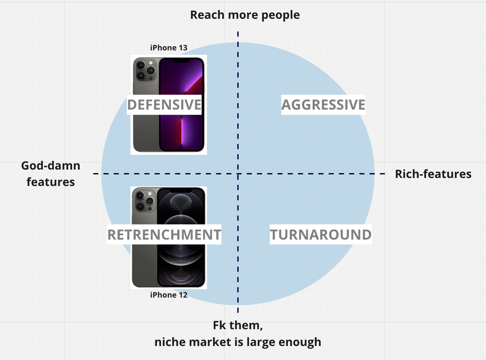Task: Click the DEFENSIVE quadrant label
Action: click(x=164, y=105)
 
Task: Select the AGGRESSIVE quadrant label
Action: click(x=323, y=105)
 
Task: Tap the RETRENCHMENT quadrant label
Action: click(x=164, y=235)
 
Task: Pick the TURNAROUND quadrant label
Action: click(x=321, y=235)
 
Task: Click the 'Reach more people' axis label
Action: click(x=245, y=15)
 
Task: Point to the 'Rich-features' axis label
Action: click(x=433, y=174)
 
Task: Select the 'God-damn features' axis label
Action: click(x=51, y=174)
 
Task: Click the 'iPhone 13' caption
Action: click(x=169, y=48)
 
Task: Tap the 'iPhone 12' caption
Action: click(x=169, y=295)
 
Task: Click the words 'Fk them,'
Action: click(x=238, y=326)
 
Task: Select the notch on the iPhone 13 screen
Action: click(x=182, y=60)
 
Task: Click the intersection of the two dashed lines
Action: click(x=238, y=174)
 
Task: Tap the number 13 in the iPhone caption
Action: click(x=182, y=48)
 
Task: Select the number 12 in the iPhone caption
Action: click(x=182, y=295)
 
